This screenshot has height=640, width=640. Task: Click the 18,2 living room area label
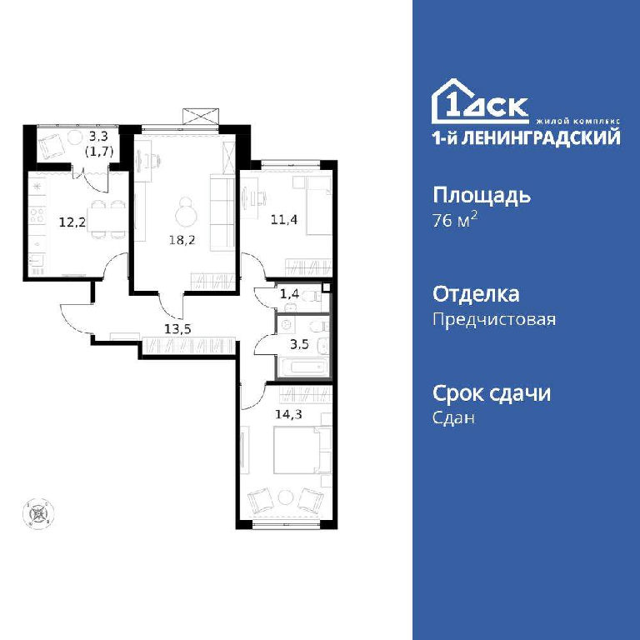[x=182, y=240]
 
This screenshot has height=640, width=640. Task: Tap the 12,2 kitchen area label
[x=72, y=222]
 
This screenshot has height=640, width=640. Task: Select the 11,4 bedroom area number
[x=284, y=220]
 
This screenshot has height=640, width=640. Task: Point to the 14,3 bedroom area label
[x=288, y=415]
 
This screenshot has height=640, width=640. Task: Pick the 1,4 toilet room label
[x=290, y=293]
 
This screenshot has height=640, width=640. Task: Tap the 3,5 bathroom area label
[x=299, y=344]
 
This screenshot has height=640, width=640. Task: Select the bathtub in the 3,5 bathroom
[x=303, y=366]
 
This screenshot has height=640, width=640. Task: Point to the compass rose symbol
[x=39, y=514]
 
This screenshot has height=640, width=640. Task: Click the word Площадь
[x=482, y=196]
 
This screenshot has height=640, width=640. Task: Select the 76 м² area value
[x=455, y=220]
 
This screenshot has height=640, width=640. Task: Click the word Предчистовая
[x=494, y=319]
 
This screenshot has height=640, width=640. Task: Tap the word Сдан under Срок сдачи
[x=454, y=417]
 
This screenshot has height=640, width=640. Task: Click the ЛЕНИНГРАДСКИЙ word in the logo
[x=542, y=137]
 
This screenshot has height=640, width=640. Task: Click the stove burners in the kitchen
[x=37, y=215]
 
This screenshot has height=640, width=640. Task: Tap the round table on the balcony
[x=75, y=137]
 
